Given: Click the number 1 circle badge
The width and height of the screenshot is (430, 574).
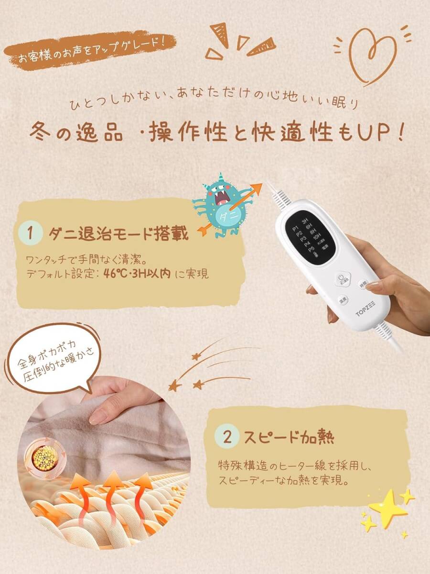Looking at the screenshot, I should (31, 233).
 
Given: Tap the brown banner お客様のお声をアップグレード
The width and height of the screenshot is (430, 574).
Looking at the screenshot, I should (90, 49).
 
